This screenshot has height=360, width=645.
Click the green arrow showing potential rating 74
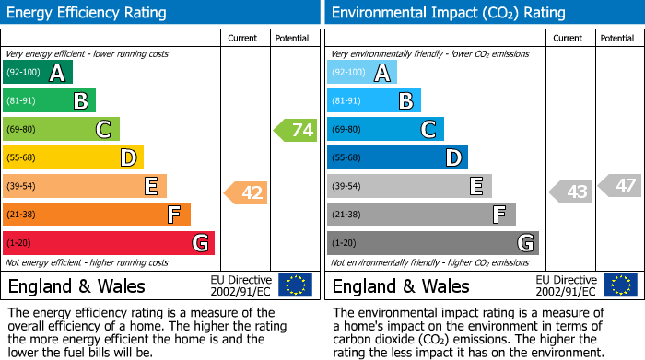[296, 130]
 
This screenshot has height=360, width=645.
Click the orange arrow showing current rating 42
[246, 192]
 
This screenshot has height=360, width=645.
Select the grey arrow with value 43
[570, 192]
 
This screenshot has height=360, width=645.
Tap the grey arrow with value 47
[620, 186]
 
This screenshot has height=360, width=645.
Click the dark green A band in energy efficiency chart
[38, 73]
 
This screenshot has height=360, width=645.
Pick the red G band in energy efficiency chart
[109, 243]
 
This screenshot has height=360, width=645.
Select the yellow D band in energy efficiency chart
[73, 158]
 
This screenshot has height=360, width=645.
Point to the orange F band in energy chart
[97, 215]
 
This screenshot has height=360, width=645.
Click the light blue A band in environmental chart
[362, 73]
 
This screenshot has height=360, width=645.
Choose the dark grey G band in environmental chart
[433, 243]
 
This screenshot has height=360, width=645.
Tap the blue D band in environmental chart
[397, 158]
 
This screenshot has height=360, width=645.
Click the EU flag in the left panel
[295, 285]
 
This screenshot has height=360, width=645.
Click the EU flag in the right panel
[619, 285]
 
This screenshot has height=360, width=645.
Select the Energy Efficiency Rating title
[88, 13]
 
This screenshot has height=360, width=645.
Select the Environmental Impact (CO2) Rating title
[448, 13]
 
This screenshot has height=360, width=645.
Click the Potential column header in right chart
[617, 38]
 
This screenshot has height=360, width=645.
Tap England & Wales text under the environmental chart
[401, 285]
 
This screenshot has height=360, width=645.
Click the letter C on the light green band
[104, 130]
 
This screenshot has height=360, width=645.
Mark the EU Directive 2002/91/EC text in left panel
[240, 285]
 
